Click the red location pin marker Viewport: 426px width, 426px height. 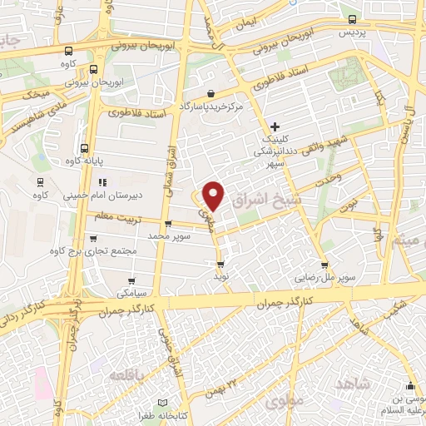[214, 196]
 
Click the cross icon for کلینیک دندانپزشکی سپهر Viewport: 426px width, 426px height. [275, 126]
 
